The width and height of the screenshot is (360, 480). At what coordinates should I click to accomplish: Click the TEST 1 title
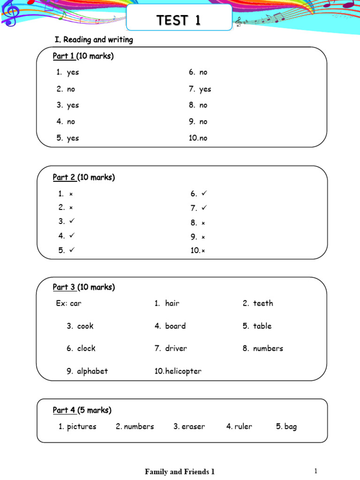[179, 21]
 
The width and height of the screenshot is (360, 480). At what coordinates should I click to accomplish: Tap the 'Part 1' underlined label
[63, 57]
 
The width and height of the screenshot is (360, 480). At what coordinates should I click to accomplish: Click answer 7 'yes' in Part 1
[205, 89]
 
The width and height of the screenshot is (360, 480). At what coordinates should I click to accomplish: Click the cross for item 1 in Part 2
[71, 194]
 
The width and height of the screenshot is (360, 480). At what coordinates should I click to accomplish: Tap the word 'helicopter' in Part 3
[183, 371]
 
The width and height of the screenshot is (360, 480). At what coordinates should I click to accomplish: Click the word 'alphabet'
[92, 371]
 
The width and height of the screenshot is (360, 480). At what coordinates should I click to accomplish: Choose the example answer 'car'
[75, 303]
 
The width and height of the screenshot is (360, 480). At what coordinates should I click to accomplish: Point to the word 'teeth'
[263, 303]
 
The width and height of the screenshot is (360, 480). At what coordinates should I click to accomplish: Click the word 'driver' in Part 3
[176, 348]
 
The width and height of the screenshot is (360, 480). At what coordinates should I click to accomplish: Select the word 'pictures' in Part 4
[82, 427]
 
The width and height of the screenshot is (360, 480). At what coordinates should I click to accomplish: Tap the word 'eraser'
[194, 427]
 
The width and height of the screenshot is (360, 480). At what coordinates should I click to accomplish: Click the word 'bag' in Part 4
[291, 427]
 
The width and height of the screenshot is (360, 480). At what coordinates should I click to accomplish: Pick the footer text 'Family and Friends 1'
[180, 472]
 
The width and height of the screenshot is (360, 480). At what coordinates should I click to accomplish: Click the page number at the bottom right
[316, 471]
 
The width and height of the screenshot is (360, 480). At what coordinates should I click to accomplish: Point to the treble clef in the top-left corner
[10, 14]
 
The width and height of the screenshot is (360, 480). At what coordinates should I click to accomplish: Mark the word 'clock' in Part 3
[86, 348]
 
